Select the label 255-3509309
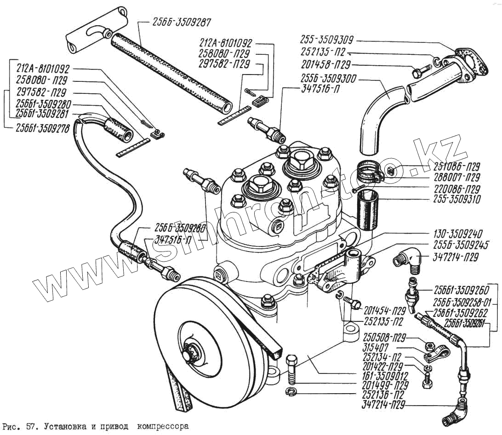327,40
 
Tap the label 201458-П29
327,64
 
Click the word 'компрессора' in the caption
164,426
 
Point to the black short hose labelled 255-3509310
368,209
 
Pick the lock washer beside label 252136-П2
290,391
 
